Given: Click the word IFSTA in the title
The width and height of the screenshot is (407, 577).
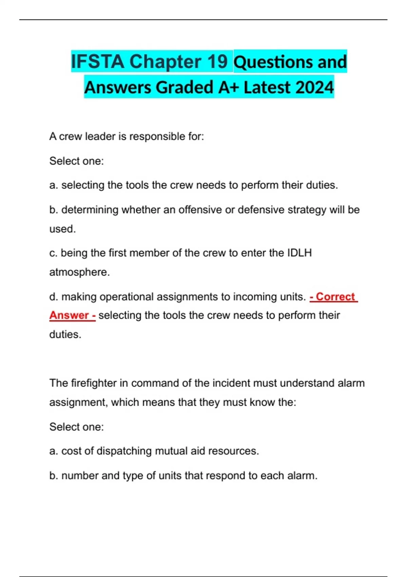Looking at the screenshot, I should (97, 62).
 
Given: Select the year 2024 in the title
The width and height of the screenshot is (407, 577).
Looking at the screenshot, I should (315, 87).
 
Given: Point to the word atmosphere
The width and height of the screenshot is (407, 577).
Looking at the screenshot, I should (79, 272).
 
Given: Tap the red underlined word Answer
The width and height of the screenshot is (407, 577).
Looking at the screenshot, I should (69, 315).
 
